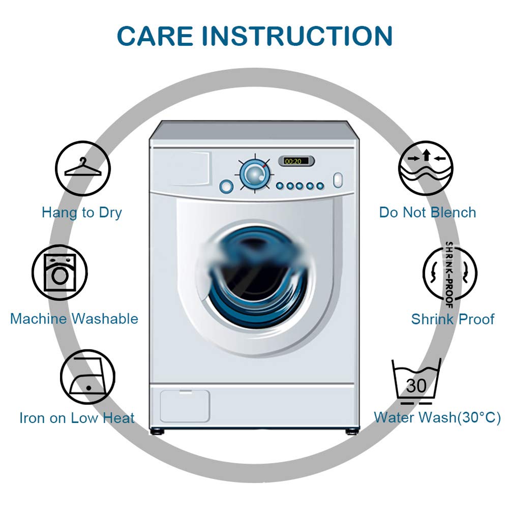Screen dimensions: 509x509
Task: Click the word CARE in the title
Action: click(x=155, y=36)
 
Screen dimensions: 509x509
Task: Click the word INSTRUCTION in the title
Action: click(x=297, y=36)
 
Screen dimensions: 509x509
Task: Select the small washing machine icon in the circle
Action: click(x=59, y=273)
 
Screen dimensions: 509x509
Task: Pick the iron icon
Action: click(x=87, y=377)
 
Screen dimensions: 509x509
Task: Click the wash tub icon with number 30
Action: click(x=416, y=381)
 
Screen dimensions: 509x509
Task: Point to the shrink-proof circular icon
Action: click(x=450, y=274)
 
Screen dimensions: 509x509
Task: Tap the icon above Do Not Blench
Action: click(x=426, y=168)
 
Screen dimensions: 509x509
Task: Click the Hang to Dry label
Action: click(x=82, y=213)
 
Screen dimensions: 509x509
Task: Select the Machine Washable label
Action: click(x=74, y=319)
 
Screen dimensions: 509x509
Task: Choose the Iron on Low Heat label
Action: click(x=77, y=418)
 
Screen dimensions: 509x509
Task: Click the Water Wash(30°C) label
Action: click(x=437, y=417)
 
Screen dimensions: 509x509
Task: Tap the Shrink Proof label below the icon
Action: click(x=453, y=319)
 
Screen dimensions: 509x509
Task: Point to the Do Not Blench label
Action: click(x=428, y=213)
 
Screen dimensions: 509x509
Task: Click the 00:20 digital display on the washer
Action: click(x=296, y=161)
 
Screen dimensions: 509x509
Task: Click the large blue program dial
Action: click(x=254, y=174)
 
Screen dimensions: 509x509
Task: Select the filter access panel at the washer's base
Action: click(x=185, y=406)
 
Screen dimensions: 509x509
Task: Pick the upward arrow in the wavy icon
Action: click(x=426, y=155)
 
